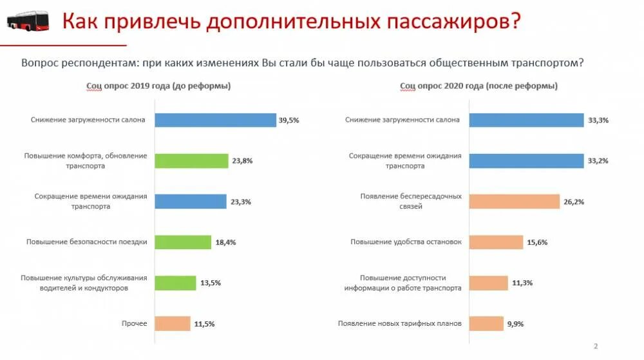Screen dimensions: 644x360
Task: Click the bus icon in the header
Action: click(x=28, y=21)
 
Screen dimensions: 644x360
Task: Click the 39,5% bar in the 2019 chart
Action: click(x=215, y=120)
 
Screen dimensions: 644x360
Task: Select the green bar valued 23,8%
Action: click(x=191, y=160)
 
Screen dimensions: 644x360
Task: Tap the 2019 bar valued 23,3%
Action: click(x=191, y=201)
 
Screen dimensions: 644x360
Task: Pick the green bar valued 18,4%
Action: click(x=183, y=242)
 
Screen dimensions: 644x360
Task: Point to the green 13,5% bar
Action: click(x=175, y=283)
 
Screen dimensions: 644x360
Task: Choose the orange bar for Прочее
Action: click(x=173, y=323)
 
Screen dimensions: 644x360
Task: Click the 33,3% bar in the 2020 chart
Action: click(x=527, y=120)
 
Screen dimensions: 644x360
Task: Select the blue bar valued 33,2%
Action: click(x=527, y=160)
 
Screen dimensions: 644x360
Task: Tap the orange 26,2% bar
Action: click(x=515, y=201)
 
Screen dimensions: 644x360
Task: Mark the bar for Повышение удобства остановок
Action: click(x=496, y=242)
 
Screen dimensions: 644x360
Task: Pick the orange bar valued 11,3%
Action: click(x=489, y=283)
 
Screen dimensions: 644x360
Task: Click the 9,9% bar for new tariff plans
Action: click(x=486, y=323)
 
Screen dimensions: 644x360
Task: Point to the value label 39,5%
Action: click(x=289, y=120)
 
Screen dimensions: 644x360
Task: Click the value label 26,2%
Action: click(x=574, y=202)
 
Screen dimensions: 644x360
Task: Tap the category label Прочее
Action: click(x=135, y=323)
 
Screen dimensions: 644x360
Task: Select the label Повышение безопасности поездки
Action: click(x=87, y=242)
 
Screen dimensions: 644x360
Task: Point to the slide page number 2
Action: click(x=596, y=346)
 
